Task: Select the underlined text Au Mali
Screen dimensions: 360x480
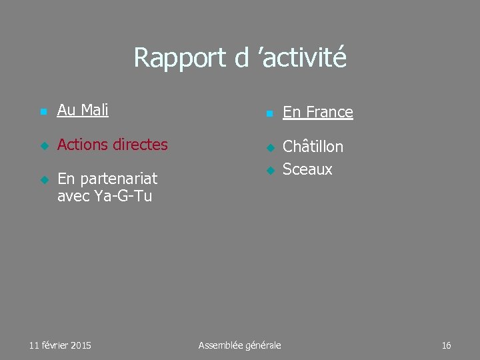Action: (x=83, y=110)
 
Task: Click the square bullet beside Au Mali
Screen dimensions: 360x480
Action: (x=43, y=112)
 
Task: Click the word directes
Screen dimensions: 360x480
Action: (x=141, y=144)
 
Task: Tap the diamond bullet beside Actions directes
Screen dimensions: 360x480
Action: (x=43, y=146)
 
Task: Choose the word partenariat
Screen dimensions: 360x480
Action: (x=117, y=179)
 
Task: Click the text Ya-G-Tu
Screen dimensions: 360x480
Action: (x=125, y=196)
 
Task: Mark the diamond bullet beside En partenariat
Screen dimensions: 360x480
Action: (x=43, y=180)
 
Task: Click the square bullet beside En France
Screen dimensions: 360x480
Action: (x=269, y=114)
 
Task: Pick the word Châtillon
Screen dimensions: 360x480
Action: (x=313, y=147)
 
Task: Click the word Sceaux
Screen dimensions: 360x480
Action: (x=307, y=169)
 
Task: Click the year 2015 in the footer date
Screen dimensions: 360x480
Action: (x=80, y=345)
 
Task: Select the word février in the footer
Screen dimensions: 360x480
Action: (x=54, y=345)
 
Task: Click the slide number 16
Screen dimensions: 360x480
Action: (x=446, y=345)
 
